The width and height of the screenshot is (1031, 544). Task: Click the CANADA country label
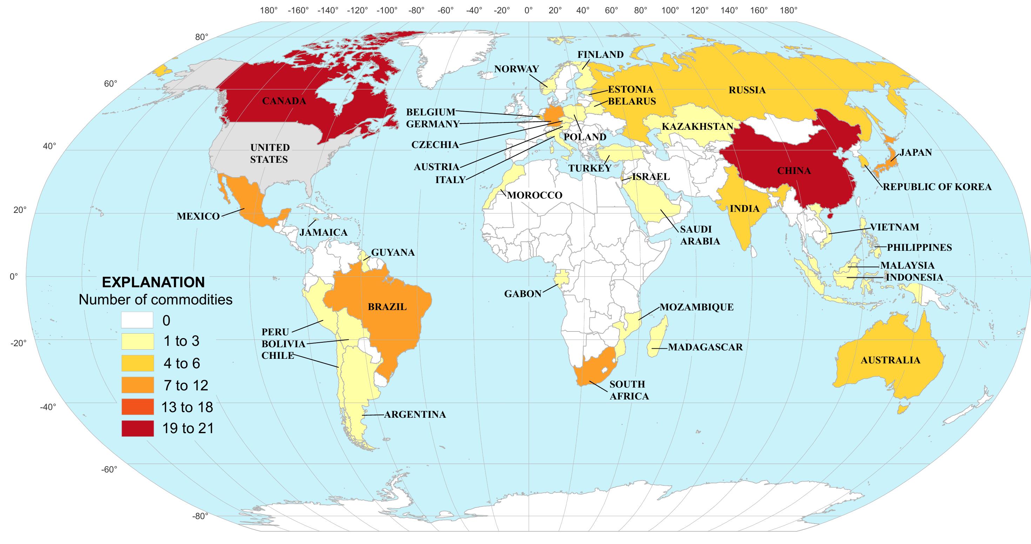click(284, 101)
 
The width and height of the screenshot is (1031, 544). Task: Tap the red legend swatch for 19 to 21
click(137, 428)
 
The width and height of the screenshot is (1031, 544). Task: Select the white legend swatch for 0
click(137, 320)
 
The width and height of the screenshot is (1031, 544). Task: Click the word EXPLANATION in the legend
click(153, 283)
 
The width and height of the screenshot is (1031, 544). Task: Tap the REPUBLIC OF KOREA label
click(937, 187)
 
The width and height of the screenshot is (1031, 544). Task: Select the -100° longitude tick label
click(387, 11)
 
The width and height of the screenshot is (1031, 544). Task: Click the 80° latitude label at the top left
click(202, 37)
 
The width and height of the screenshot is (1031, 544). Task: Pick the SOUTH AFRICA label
click(629, 390)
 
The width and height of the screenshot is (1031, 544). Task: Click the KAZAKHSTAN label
click(697, 127)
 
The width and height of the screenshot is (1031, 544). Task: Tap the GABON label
click(523, 294)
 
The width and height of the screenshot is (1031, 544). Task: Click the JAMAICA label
click(323, 232)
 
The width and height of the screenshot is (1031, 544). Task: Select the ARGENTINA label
click(415, 414)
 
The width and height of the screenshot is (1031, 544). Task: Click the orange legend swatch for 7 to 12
click(137, 385)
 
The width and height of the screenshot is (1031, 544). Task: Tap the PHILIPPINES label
click(919, 247)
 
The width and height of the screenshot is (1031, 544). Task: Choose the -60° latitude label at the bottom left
click(109, 469)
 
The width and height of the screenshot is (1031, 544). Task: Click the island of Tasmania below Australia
click(902, 409)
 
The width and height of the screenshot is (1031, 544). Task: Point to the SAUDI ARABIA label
click(699, 235)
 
